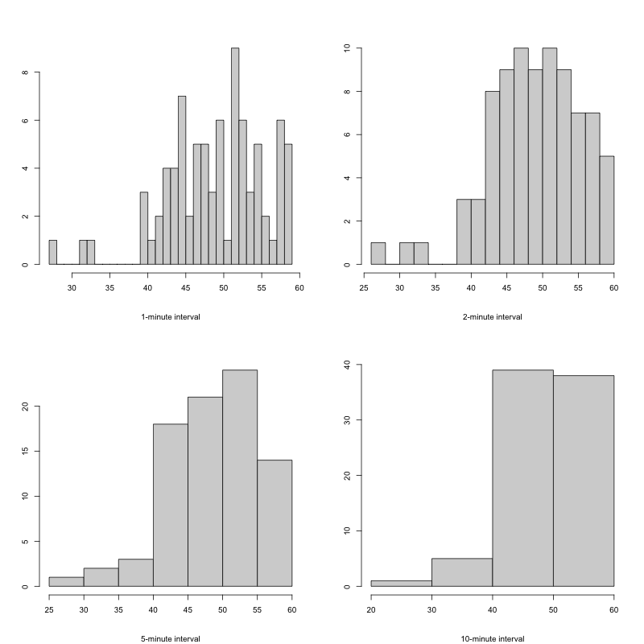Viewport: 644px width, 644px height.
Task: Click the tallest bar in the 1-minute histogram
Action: [x=235, y=157]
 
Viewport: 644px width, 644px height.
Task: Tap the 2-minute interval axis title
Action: [x=492, y=316]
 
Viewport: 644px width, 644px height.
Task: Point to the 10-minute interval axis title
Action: [x=492, y=638]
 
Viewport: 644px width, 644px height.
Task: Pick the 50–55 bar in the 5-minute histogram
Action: [x=240, y=479]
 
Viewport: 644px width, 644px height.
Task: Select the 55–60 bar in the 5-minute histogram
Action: [x=275, y=523]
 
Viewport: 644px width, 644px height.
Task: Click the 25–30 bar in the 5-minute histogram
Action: [x=66, y=581]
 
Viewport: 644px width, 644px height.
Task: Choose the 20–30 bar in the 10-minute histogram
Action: [x=401, y=584]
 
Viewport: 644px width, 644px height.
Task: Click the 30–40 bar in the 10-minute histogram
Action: [x=461, y=572]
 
